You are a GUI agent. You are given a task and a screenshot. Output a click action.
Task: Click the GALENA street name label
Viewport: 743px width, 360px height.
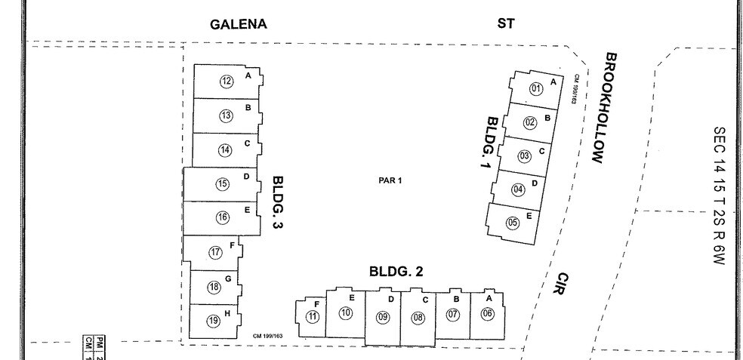[x=238, y=24]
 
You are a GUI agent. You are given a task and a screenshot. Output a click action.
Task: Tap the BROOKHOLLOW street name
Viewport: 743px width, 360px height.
[x=604, y=107]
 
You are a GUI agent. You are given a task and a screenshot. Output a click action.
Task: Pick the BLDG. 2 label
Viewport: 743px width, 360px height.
[x=396, y=272]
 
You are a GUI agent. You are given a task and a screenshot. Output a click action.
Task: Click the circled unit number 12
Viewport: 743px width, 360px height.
[x=227, y=82]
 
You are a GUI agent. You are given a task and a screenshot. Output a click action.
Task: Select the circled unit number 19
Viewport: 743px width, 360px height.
[x=214, y=321]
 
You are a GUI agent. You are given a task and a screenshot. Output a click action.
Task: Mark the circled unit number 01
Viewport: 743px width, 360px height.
[x=536, y=89]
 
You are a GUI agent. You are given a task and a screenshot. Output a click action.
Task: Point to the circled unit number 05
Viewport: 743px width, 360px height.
[x=513, y=223]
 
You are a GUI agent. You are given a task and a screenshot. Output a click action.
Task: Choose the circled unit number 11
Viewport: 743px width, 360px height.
[x=313, y=316]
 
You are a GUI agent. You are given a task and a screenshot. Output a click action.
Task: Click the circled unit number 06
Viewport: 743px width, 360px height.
[x=487, y=314]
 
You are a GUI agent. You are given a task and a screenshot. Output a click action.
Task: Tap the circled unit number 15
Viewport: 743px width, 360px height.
[x=222, y=183]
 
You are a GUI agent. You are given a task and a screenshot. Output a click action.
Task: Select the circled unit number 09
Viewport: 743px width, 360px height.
[x=383, y=317]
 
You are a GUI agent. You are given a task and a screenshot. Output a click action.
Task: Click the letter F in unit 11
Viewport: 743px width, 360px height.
[x=316, y=303]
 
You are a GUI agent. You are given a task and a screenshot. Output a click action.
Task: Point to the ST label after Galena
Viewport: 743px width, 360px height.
[x=506, y=23]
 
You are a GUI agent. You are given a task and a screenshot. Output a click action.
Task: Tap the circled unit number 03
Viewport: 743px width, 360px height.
[x=524, y=156]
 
